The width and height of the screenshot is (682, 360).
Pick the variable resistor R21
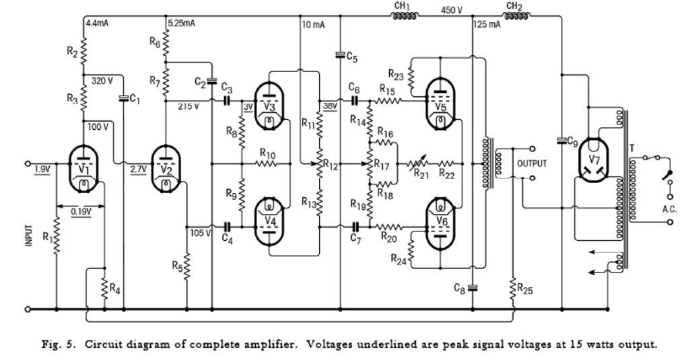411,164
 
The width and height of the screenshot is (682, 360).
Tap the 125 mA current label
487,24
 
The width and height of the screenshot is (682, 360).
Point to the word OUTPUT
532,164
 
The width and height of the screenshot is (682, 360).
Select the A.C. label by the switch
669,209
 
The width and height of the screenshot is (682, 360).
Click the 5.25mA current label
181,24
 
